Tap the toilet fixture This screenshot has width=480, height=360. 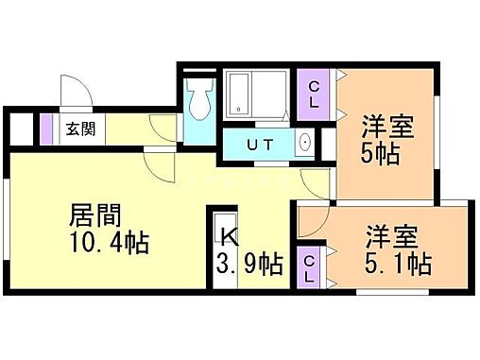tap(199, 99)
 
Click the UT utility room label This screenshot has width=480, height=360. tap(259, 146)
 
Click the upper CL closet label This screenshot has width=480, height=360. tap(314, 94)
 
